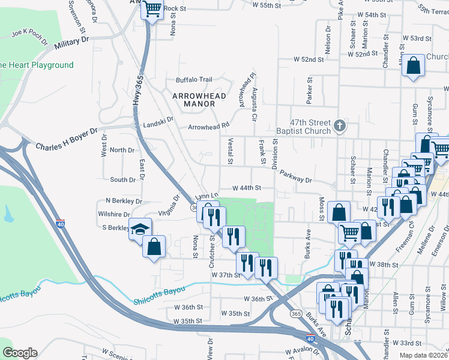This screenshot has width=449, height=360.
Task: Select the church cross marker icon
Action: pyautogui.click(x=340, y=125)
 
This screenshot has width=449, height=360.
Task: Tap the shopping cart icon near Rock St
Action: pyautogui.click(x=152, y=8)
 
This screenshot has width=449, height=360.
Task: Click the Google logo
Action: pyautogui.click(x=20, y=353)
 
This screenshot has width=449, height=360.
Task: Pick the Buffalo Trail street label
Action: pyautogui.click(x=194, y=80)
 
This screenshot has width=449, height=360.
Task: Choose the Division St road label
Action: pyautogui.click(x=276, y=154)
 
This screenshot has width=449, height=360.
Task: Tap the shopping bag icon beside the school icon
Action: pyautogui.click(x=154, y=247)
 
